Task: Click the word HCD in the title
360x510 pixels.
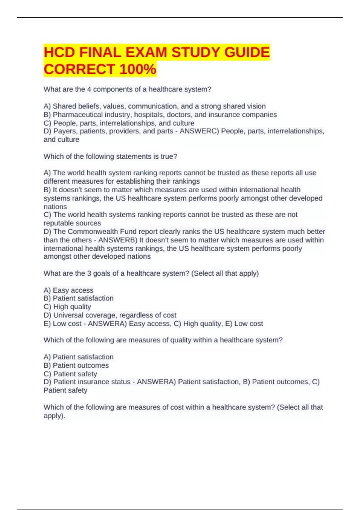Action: (59, 52)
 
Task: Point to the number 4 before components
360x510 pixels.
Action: (89, 89)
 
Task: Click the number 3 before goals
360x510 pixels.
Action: (89, 273)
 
